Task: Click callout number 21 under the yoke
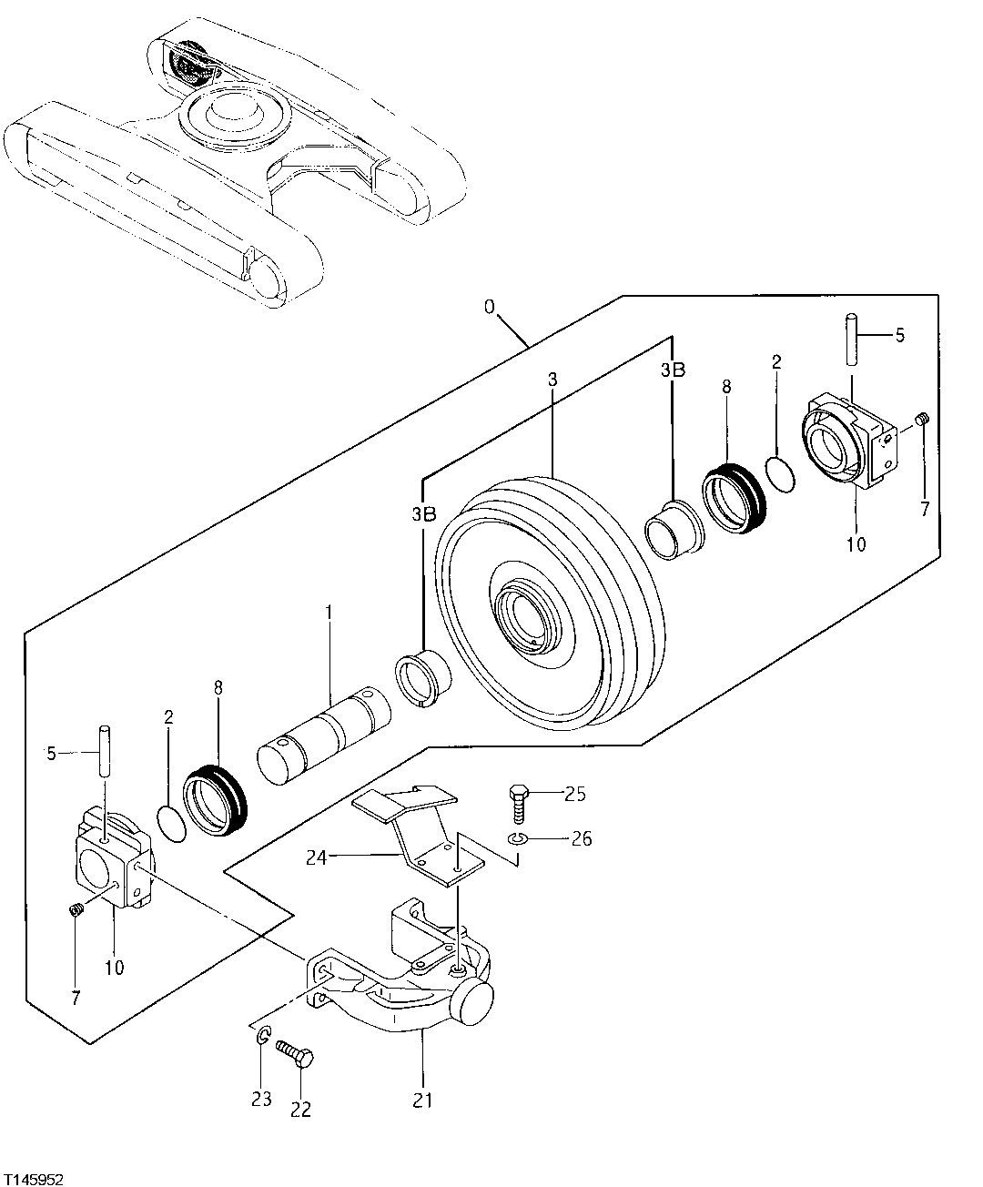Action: (x=422, y=1100)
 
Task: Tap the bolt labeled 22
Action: (x=299, y=1060)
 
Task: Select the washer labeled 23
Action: (x=261, y=1036)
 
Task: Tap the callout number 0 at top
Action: (x=489, y=307)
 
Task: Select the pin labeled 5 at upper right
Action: (x=853, y=337)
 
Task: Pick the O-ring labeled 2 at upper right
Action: (x=780, y=473)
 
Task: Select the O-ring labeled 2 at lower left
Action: (x=172, y=818)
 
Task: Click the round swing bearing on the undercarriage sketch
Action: (x=236, y=117)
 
